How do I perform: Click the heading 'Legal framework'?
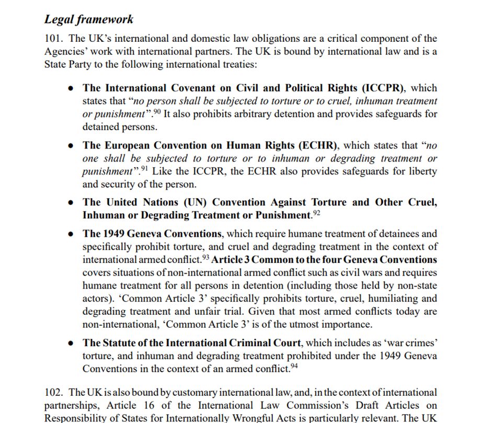click(89, 19)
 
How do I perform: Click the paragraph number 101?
click(54, 39)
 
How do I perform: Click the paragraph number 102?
click(54, 392)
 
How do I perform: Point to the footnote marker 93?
click(205, 257)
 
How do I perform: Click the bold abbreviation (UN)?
click(194, 202)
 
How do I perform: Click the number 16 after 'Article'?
click(149, 405)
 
